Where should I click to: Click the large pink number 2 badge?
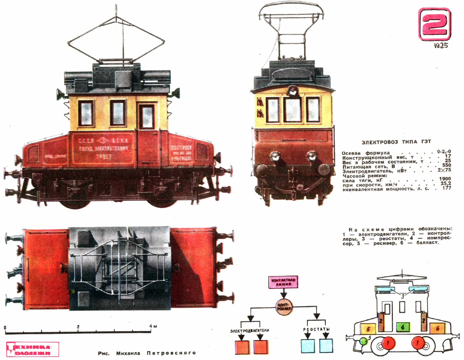point(434,24)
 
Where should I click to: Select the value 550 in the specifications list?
point(446,166)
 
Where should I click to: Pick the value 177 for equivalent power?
point(446,188)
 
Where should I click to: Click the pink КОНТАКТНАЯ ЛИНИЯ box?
point(284,282)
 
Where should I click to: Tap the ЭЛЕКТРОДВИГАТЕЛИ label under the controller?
point(249,330)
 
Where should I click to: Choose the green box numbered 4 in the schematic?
point(403,327)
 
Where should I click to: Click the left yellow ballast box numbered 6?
point(368,329)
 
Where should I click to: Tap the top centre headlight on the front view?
point(293,91)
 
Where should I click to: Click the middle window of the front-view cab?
point(293,109)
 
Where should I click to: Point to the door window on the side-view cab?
point(146,116)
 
